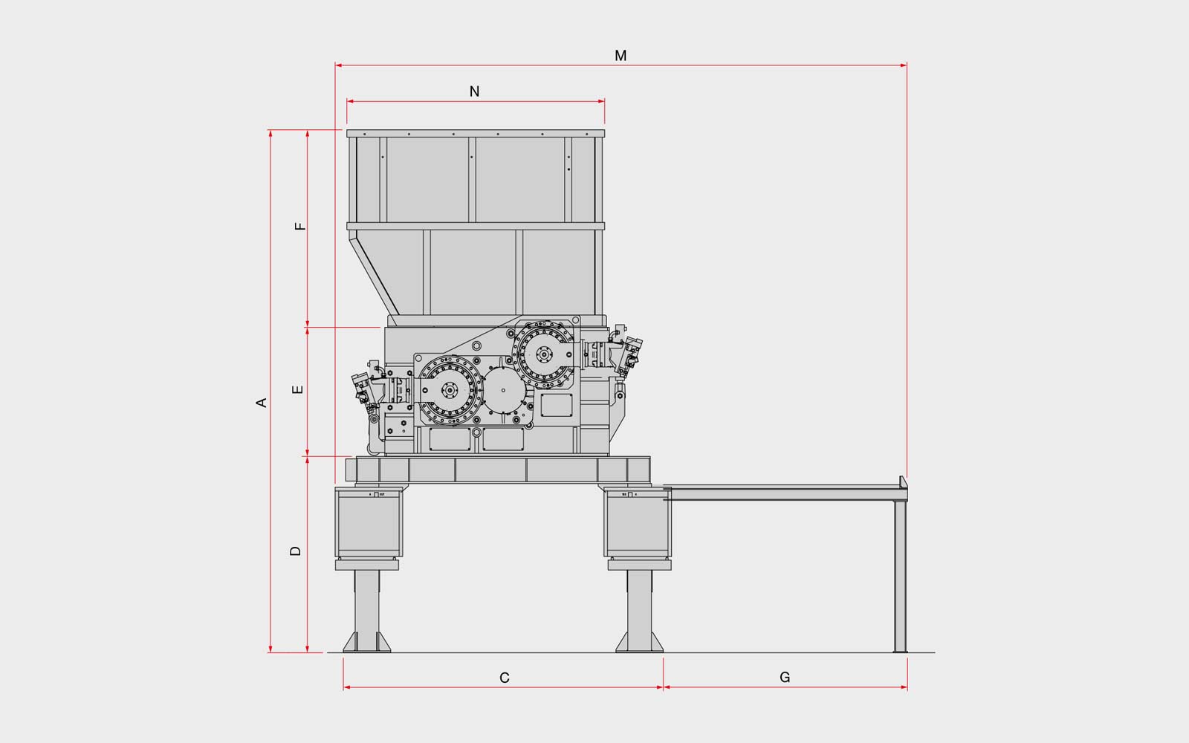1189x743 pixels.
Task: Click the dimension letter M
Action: [621, 56]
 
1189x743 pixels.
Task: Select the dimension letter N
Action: [475, 92]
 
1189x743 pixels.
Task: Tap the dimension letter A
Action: [261, 402]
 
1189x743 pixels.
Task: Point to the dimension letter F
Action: [300, 226]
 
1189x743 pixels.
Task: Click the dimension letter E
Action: [298, 389]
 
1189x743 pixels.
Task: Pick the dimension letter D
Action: [296, 551]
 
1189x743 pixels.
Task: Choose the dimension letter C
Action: [505, 678]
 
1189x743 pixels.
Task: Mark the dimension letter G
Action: [785, 677]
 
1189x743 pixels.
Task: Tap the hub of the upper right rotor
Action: [544, 354]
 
